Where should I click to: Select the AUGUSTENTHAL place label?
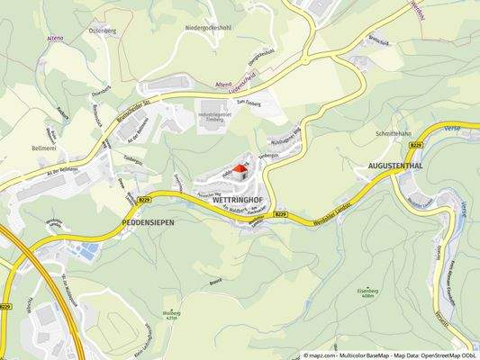coord(397,166)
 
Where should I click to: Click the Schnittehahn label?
coord(394,132)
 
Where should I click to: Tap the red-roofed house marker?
coord(240,168)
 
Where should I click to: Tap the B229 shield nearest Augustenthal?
coord(415,144)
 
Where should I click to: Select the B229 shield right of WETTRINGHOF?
coord(280,215)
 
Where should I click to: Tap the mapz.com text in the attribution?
coord(325,355)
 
